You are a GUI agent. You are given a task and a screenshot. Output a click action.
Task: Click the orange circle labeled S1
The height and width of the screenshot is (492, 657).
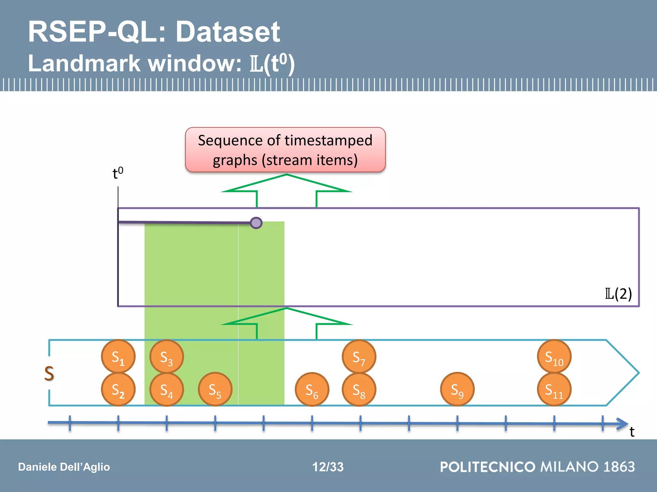click(118, 357)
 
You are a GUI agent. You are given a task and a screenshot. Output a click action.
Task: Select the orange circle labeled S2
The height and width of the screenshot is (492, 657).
click(118, 389)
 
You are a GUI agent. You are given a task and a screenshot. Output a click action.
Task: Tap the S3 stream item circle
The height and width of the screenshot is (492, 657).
click(166, 357)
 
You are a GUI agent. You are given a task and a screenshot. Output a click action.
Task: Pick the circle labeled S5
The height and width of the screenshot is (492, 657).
click(215, 389)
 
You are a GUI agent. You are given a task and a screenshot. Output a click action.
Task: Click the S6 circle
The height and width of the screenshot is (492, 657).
click(312, 389)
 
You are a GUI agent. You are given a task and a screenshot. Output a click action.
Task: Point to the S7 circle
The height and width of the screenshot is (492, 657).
click(359, 357)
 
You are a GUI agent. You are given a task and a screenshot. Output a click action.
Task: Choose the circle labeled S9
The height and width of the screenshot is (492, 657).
click(457, 389)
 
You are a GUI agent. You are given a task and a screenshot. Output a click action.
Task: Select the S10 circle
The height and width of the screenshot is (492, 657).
click(554, 357)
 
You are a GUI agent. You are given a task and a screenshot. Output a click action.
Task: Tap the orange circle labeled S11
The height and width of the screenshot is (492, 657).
click(554, 389)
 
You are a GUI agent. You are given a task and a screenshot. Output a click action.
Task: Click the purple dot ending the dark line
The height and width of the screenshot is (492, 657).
click(256, 223)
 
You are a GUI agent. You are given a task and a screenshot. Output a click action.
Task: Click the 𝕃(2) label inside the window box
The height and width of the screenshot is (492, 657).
click(618, 293)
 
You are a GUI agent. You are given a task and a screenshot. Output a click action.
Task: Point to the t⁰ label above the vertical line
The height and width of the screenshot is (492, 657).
click(118, 173)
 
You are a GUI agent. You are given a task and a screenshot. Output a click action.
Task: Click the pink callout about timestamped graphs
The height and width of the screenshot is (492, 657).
click(285, 150)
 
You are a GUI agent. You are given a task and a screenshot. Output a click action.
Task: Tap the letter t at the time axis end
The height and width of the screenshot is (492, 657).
click(632, 432)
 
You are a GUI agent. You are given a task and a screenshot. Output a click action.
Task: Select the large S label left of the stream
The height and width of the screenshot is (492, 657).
click(49, 373)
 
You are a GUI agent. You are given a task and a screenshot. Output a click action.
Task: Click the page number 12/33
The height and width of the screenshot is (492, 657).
click(328, 467)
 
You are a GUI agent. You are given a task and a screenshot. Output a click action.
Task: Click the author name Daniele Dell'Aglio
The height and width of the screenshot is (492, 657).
click(64, 467)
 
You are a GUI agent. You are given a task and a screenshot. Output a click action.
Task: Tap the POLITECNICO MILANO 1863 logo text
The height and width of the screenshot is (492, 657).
click(537, 467)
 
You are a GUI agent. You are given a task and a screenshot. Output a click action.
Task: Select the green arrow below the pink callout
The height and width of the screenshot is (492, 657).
click(286, 189)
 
